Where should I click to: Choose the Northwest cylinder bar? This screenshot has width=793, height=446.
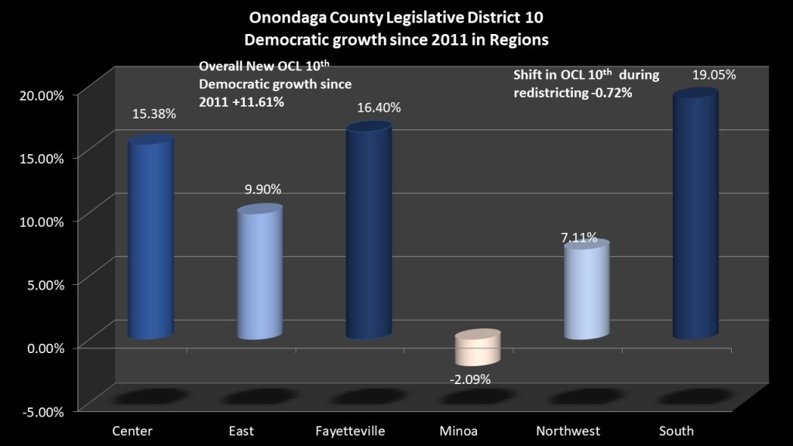pos(586,290)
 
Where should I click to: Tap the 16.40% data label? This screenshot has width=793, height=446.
pos(379,108)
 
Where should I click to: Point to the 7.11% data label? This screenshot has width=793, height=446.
pos(579,238)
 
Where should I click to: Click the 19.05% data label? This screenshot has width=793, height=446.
pos(714,75)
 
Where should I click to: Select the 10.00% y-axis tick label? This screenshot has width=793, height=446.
pos(36,221)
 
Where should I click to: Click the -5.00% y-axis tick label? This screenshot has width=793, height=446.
pos(36,410)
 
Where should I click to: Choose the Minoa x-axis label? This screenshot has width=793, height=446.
pos(471,431)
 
